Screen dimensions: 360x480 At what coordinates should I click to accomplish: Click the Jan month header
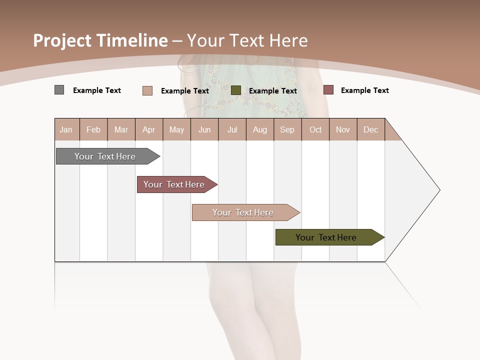[66, 129]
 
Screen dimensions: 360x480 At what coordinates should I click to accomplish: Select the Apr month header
[148, 129]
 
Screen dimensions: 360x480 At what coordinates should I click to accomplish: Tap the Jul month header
[232, 129]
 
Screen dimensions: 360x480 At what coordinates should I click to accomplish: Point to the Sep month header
[287, 129]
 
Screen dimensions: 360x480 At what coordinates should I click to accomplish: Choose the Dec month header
[370, 129]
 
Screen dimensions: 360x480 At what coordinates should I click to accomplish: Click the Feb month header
[93, 129]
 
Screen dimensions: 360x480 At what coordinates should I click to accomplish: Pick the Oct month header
[315, 129]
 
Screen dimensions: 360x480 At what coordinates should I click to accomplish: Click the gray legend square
[59, 90]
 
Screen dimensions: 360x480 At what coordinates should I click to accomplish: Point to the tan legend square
[147, 90]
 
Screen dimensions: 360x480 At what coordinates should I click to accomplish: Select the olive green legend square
[236, 90]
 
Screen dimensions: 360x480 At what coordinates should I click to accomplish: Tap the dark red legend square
[328, 90]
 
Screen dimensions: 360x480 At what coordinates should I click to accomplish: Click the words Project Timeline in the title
[100, 40]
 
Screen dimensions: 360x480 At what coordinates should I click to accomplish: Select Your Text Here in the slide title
[247, 40]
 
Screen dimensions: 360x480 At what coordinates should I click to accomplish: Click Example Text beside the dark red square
[364, 90]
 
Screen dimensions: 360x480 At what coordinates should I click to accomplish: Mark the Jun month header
[204, 129]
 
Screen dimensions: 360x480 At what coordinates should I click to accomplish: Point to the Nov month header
[342, 129]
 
